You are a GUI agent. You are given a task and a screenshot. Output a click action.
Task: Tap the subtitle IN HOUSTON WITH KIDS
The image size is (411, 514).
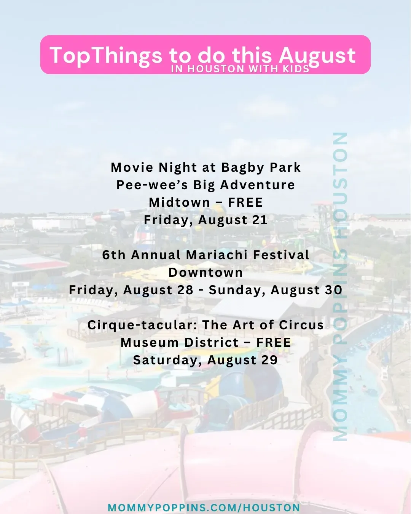pos(240,69)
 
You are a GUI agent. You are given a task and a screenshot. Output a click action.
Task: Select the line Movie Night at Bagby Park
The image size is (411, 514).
pos(205,167)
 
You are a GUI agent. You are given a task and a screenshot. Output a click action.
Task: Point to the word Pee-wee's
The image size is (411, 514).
pos(152,185)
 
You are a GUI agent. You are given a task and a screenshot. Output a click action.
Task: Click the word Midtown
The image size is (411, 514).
pos(179,203)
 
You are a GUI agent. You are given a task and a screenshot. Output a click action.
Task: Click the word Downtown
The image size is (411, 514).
pos(205,273)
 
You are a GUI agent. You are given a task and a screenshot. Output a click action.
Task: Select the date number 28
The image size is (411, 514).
pos(185,290)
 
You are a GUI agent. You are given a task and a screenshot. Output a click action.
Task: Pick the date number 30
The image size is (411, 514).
pos(335,290)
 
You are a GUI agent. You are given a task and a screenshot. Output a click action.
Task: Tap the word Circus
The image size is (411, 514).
pos(301,325)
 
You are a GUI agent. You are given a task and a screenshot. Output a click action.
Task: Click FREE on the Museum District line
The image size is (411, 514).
pos(274,343)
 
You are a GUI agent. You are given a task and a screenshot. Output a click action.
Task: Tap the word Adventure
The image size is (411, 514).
pos(257,185)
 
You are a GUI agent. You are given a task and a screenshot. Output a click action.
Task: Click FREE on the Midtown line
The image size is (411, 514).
pos(245,203)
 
